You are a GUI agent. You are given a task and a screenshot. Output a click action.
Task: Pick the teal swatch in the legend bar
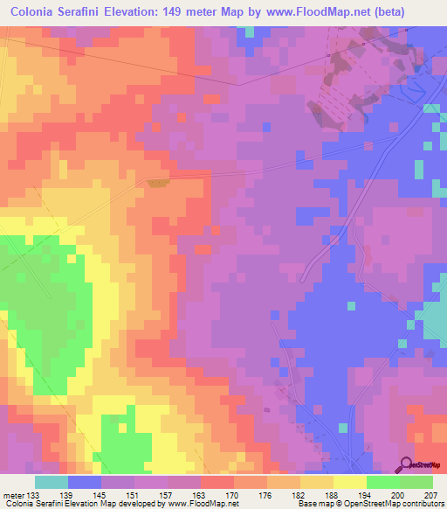52,481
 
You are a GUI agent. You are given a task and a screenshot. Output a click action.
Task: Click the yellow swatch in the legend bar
350,481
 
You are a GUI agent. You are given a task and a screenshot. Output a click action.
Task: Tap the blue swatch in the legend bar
85,481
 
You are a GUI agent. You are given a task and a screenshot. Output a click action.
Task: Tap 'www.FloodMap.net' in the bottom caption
198,504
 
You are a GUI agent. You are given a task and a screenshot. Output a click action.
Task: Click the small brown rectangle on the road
156,183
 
